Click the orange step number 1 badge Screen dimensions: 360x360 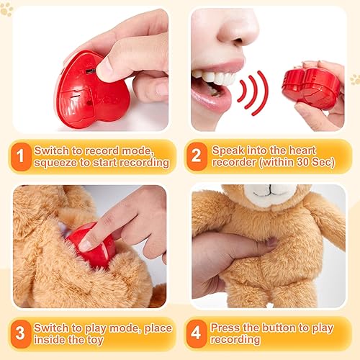(x=21, y=156)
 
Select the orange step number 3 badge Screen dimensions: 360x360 (x=21, y=333)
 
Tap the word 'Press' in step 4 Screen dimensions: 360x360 (x=225, y=328)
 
